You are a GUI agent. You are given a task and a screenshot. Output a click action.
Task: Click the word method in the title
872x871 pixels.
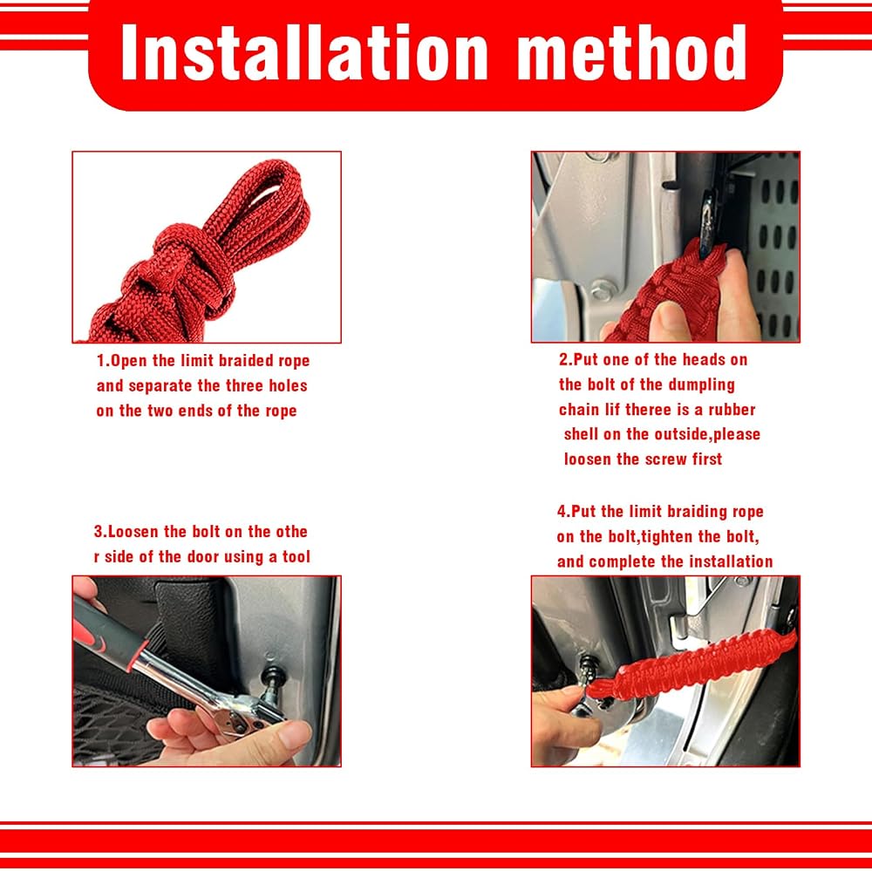point(632,53)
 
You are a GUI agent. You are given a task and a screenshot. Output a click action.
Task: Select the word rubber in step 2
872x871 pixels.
point(732,410)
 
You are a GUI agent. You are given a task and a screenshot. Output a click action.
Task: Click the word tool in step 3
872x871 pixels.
point(296,556)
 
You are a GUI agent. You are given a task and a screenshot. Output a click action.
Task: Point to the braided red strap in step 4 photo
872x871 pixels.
point(691,663)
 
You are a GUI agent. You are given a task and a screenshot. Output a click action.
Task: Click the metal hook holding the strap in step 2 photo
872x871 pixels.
point(707,223)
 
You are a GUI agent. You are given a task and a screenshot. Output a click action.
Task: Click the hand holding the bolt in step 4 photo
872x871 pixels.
point(564,723)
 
